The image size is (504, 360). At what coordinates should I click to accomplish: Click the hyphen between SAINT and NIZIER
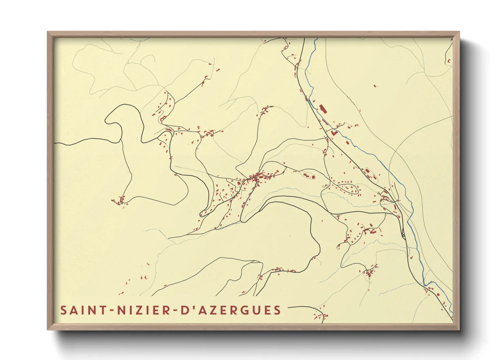coord(110,311)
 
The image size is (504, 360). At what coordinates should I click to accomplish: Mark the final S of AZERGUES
coord(277,310)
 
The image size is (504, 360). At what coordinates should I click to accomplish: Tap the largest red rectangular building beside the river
coord(322,109)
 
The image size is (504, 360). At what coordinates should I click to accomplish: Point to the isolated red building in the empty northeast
coord(375,86)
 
